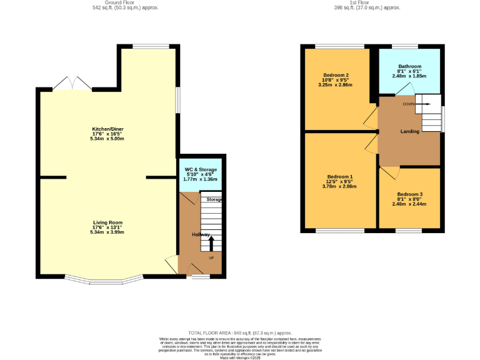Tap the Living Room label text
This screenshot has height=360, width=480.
[x=108, y=222]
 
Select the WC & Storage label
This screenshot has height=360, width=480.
[x=201, y=169]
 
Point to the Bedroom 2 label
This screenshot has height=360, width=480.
[x=336, y=75]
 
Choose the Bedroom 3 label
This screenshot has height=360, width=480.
[x=409, y=194]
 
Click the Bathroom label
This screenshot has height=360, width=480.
[x=410, y=66]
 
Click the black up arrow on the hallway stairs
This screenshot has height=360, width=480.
[x=211, y=242]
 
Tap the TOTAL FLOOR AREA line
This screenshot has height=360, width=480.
[x=240, y=333]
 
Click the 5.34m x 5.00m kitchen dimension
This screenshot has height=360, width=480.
[x=108, y=138]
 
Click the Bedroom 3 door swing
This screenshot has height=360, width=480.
[x=387, y=172]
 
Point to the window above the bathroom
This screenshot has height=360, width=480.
[x=405, y=46]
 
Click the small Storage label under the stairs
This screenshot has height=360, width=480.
[x=214, y=199]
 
